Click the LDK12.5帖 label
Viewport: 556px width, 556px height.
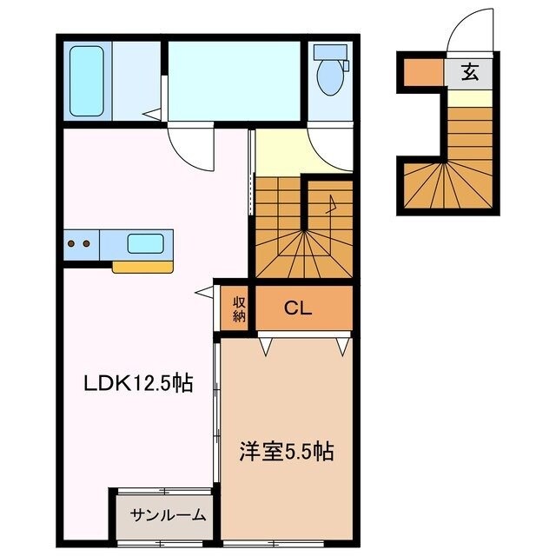[x=137, y=382]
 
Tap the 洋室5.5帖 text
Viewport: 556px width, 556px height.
[x=287, y=452]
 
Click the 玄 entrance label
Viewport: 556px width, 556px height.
[x=470, y=73]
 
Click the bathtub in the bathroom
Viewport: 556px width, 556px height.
[x=87, y=80]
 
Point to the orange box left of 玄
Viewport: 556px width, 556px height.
[x=423, y=73]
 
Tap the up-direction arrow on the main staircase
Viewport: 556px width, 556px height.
[x=330, y=206]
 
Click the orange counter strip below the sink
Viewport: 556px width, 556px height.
[x=143, y=267]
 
